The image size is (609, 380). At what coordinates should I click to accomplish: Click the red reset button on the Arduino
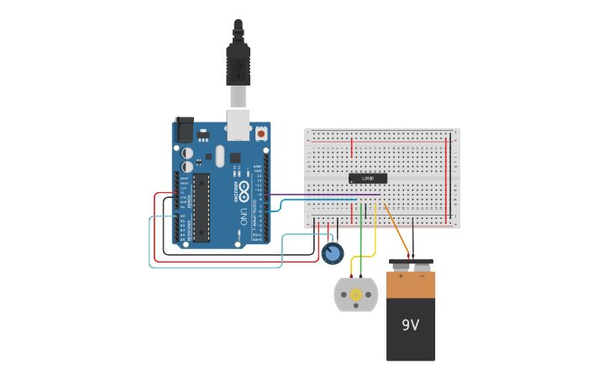[x=260, y=133]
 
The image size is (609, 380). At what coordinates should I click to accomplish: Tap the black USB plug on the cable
[x=238, y=63]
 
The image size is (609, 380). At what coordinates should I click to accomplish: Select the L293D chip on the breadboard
[x=368, y=178]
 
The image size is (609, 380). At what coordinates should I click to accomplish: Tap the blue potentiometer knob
[x=333, y=253]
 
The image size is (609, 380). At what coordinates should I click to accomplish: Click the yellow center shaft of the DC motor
[x=356, y=294]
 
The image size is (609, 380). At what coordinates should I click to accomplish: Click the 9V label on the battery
[x=410, y=325]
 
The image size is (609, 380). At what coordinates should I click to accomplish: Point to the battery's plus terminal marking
[x=401, y=276]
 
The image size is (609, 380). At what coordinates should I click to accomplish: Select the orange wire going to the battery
[x=396, y=226]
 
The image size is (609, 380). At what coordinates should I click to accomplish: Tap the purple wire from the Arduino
[x=319, y=195]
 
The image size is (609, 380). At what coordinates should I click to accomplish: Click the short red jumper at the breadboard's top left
[x=351, y=148]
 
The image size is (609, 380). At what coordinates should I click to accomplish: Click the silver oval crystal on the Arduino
[x=220, y=156]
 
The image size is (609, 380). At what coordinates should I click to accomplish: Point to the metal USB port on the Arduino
[x=239, y=123]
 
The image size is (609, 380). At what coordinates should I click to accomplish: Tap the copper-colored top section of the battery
[x=411, y=285]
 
